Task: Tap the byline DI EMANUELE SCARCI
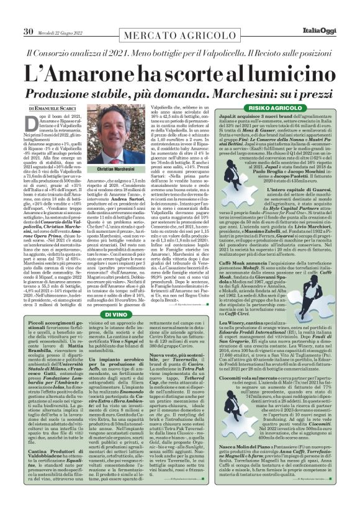pyautogui.click(x=52, y=109)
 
